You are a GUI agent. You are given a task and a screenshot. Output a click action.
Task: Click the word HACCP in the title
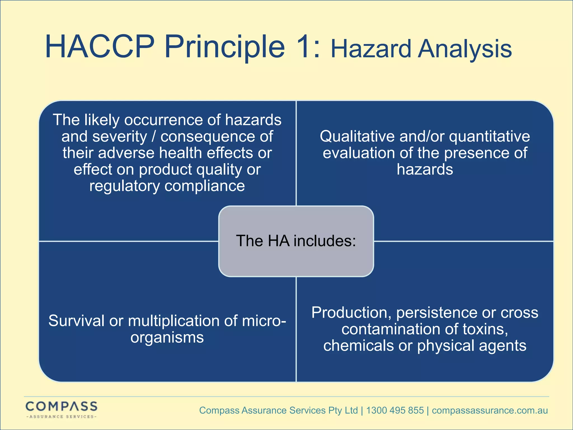[x=100, y=46]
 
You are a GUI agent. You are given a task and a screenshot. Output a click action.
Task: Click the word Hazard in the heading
[x=371, y=49]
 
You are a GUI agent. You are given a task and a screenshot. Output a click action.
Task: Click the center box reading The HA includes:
[x=296, y=241]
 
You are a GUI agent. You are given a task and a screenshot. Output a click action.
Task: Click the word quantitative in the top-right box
[x=489, y=137]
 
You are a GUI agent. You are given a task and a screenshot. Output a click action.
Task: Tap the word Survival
[x=76, y=321]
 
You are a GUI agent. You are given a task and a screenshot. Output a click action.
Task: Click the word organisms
[x=167, y=338]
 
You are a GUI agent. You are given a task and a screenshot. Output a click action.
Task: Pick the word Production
[x=351, y=313]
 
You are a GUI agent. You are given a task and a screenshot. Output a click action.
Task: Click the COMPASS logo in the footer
[x=61, y=409]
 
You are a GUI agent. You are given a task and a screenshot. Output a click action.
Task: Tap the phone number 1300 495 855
[x=395, y=410]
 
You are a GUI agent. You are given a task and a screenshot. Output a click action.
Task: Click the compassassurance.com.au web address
[x=490, y=410]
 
